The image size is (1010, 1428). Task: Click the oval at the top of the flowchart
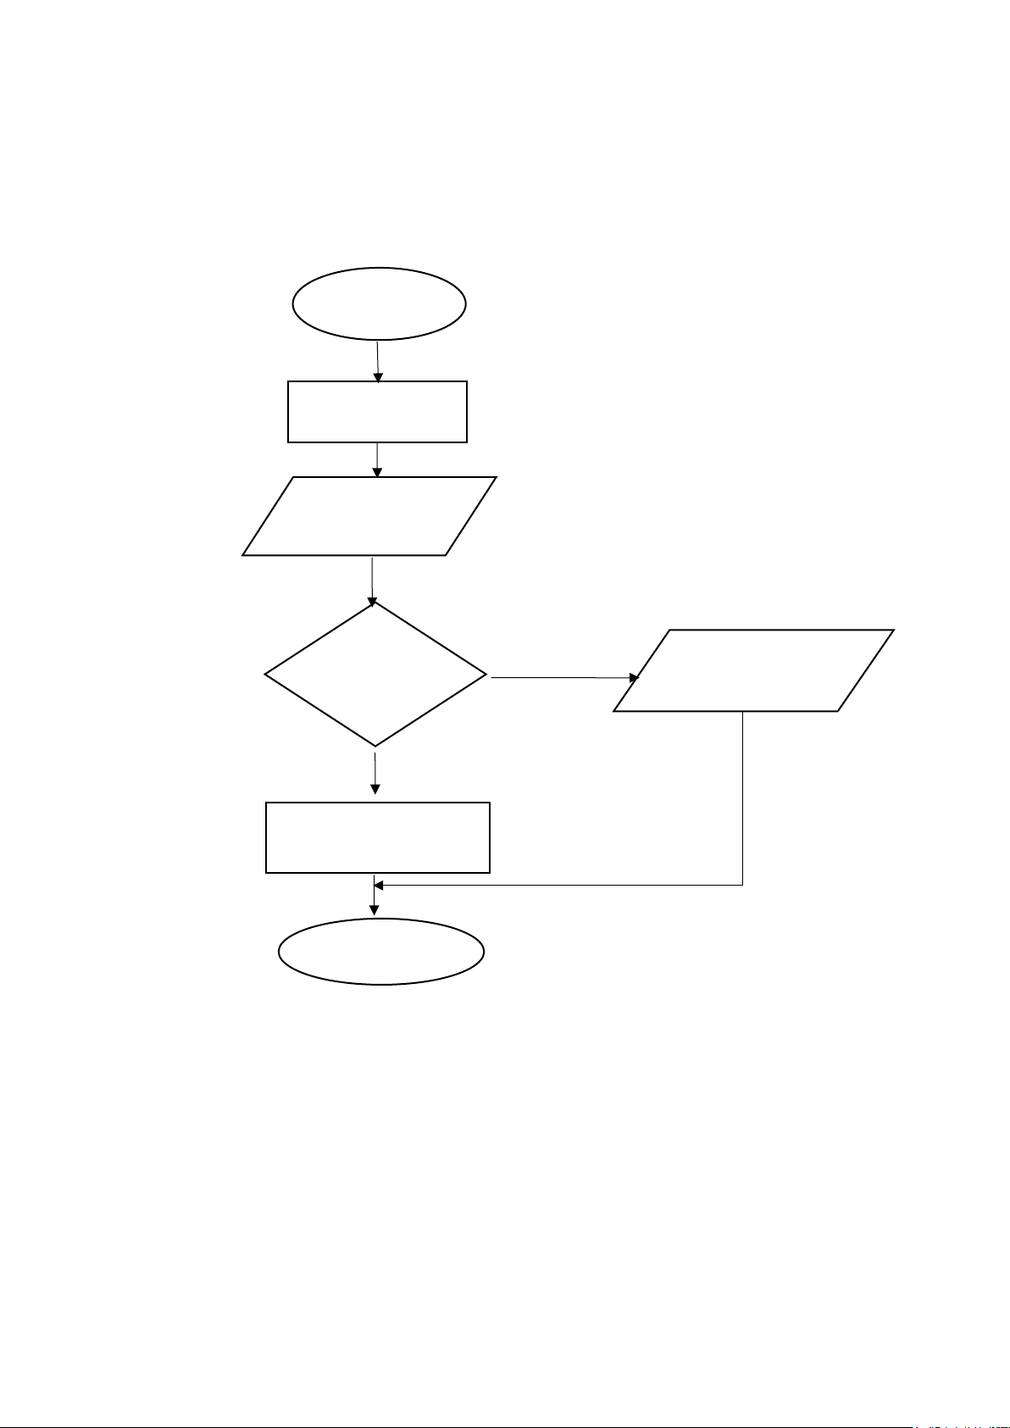(379, 304)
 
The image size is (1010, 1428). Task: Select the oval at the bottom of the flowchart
(381, 951)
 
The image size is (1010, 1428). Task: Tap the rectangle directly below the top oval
(377, 412)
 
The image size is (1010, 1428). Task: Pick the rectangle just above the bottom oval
(377, 837)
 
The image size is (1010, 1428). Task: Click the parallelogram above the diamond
(369, 516)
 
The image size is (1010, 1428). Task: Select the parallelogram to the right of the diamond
(753, 670)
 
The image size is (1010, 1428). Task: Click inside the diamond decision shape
(375, 675)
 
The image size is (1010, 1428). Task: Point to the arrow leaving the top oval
(377, 361)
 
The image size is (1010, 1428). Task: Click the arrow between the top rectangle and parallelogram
(377, 459)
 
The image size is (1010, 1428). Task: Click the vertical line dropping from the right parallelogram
(743, 797)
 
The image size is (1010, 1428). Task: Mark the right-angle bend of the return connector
(743, 886)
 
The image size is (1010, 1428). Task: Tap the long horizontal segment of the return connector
(559, 886)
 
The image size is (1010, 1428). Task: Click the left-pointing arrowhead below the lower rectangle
(379, 886)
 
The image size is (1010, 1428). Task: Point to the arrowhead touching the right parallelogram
(634, 678)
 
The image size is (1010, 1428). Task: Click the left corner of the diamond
(266, 675)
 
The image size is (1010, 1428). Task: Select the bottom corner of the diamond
(375, 746)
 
